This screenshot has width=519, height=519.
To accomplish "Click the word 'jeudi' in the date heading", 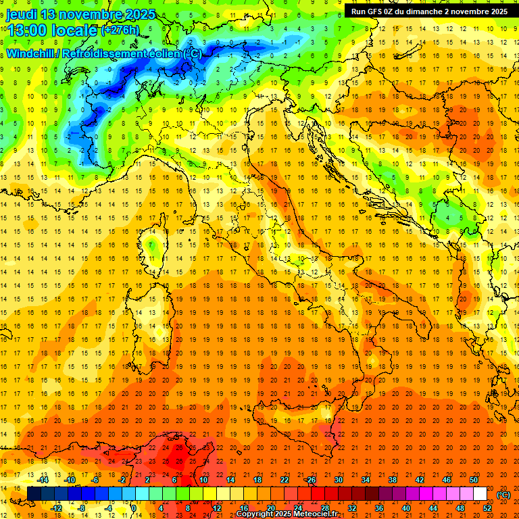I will tap(22, 14).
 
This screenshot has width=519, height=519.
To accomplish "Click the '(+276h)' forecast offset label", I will tap(120, 30).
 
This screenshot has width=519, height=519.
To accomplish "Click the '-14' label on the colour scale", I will tap(43, 480).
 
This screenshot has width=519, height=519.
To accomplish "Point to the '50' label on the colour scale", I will tap(474, 480).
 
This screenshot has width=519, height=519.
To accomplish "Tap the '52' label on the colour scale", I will tap(487, 508).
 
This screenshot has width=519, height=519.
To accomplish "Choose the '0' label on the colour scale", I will tap(134, 508).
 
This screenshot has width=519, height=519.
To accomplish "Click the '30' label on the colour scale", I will tap(338, 480).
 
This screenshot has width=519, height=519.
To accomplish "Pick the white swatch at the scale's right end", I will tap(480, 493).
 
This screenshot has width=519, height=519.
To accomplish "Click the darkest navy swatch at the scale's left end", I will tap(34, 493).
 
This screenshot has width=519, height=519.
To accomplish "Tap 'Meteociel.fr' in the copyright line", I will tap(318, 514).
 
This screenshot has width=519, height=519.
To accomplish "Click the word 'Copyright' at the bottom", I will tap(255, 514).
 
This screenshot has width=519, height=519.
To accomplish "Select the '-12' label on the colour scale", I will tap(56, 508).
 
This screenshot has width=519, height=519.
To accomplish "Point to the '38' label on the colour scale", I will tap(392, 480).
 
